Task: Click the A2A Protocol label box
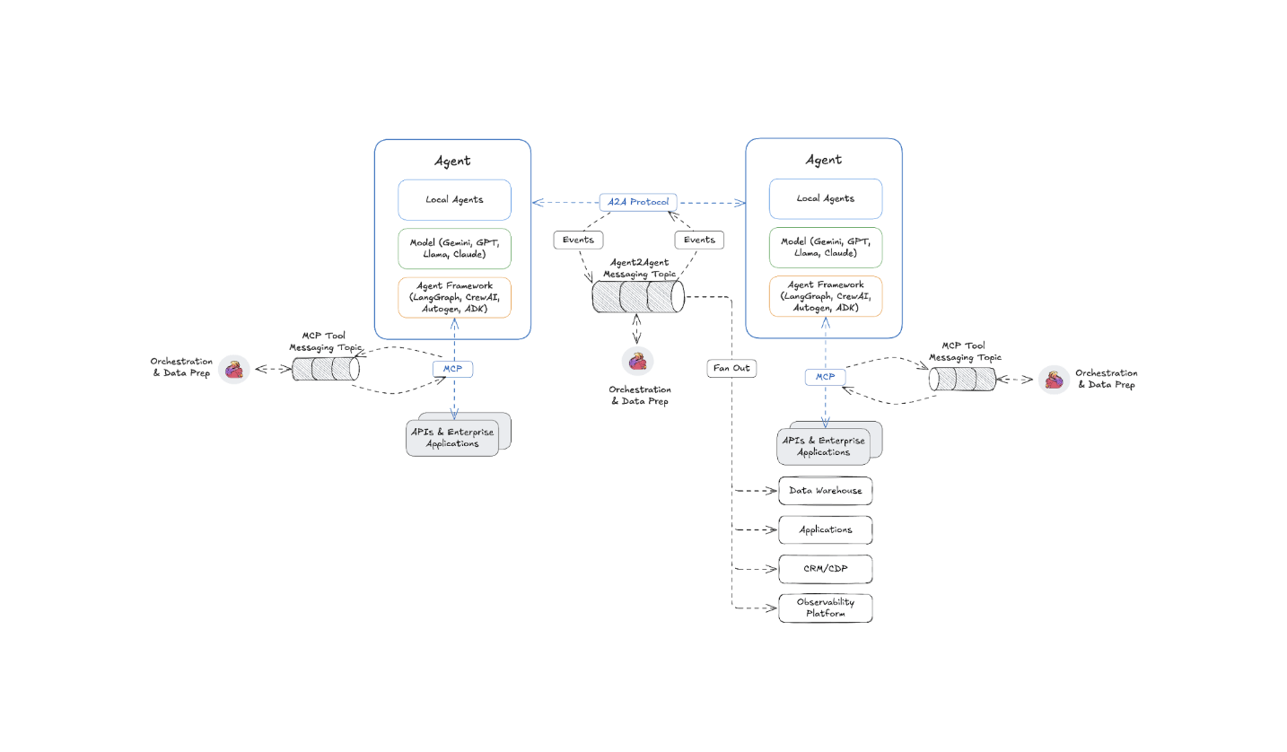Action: pyautogui.click(x=637, y=202)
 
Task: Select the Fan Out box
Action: pyautogui.click(x=731, y=368)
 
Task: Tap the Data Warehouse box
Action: pyautogui.click(x=825, y=491)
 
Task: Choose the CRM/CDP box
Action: pyautogui.click(x=825, y=569)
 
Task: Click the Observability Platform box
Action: pyautogui.click(x=825, y=608)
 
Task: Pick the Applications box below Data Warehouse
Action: pyautogui.click(x=825, y=529)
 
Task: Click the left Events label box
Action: pyautogui.click(x=578, y=240)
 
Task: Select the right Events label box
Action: pyautogui.click(x=699, y=240)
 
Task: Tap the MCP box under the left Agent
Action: pyautogui.click(x=452, y=369)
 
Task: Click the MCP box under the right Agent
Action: pyautogui.click(x=825, y=377)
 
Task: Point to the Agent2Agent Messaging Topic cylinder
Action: pyautogui.click(x=638, y=296)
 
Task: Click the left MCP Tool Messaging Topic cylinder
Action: pyautogui.click(x=326, y=369)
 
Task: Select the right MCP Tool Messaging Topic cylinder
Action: pyautogui.click(x=962, y=379)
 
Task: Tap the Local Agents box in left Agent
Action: pyautogui.click(x=454, y=199)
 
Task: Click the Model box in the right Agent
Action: pyautogui.click(x=826, y=248)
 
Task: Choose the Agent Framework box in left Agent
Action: pyautogui.click(x=454, y=297)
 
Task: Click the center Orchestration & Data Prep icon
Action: pyautogui.click(x=637, y=361)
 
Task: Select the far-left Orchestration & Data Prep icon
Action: pyautogui.click(x=234, y=369)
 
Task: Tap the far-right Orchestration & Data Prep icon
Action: pyautogui.click(x=1055, y=380)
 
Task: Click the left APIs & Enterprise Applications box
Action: pyautogui.click(x=453, y=438)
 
